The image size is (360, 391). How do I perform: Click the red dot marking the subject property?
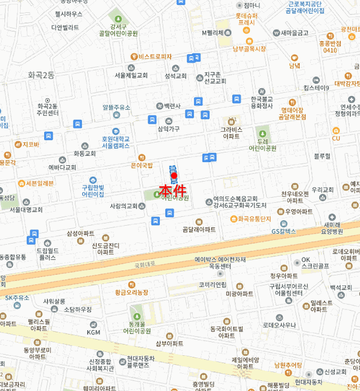(x=174, y=176)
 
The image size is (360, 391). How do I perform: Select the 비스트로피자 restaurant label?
(x=155, y=56)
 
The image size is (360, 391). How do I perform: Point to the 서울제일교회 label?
(x=131, y=75)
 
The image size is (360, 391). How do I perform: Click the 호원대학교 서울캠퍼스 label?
(x=116, y=142)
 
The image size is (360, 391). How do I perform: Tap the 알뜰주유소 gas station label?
(x=116, y=107)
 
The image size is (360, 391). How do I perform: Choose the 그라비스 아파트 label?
(x=231, y=132)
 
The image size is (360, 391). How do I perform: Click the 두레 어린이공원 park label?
(x=263, y=145)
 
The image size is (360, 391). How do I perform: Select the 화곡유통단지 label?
(x=254, y=218)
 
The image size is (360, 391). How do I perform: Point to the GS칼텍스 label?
(x=283, y=231)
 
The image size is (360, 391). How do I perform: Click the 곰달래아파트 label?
(x=199, y=230)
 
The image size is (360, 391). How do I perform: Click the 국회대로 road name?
(x=147, y=266)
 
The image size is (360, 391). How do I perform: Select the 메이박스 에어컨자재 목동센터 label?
(x=220, y=263)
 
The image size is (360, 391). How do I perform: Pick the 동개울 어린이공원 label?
(x=137, y=327)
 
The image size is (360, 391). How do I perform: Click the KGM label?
(x=93, y=332)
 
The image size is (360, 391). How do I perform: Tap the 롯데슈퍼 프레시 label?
(x=246, y=20)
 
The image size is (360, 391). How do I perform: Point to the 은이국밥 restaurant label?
(x=141, y=165)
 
